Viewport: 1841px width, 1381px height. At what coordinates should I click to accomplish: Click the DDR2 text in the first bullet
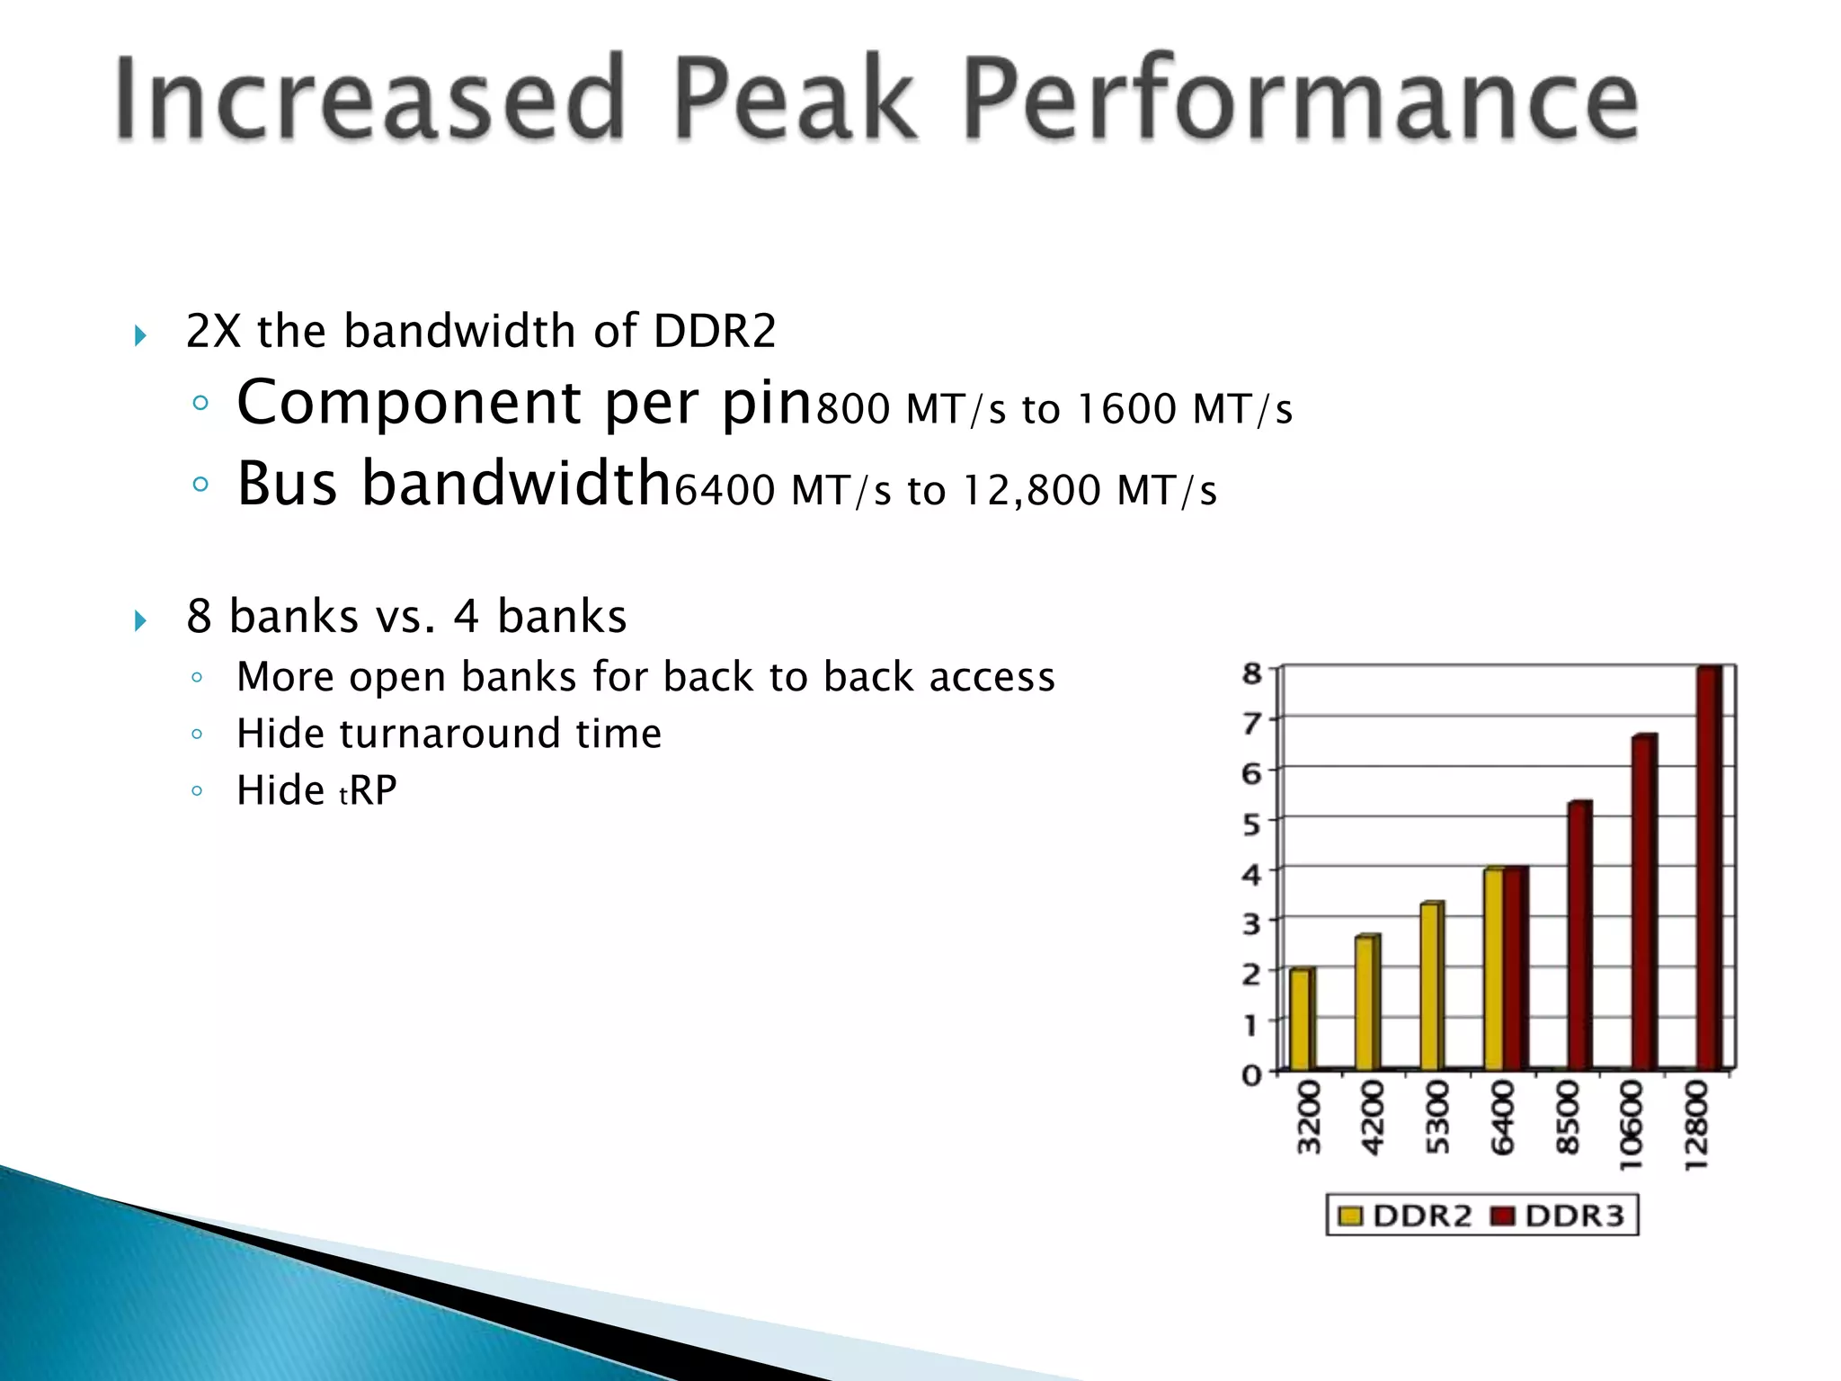(714, 331)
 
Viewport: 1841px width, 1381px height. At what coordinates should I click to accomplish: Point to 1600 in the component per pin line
(1125, 409)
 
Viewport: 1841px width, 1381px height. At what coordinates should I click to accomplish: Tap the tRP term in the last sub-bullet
(368, 791)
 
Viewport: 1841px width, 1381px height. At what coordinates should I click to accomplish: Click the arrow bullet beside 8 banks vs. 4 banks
(140, 619)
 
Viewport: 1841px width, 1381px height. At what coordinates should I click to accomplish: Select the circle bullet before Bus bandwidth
(200, 485)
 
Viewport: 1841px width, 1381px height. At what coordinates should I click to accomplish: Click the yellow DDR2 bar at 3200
(1301, 1020)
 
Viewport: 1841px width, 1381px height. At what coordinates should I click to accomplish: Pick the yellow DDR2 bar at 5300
(1430, 986)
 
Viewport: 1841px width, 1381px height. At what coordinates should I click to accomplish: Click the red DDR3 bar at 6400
(1516, 968)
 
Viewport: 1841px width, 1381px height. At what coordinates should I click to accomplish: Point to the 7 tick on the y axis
(1251, 721)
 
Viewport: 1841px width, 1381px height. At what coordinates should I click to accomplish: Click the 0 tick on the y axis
(1251, 1074)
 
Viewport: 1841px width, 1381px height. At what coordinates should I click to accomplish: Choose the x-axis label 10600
(1630, 1125)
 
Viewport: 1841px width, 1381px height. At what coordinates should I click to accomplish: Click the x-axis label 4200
(1372, 1118)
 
